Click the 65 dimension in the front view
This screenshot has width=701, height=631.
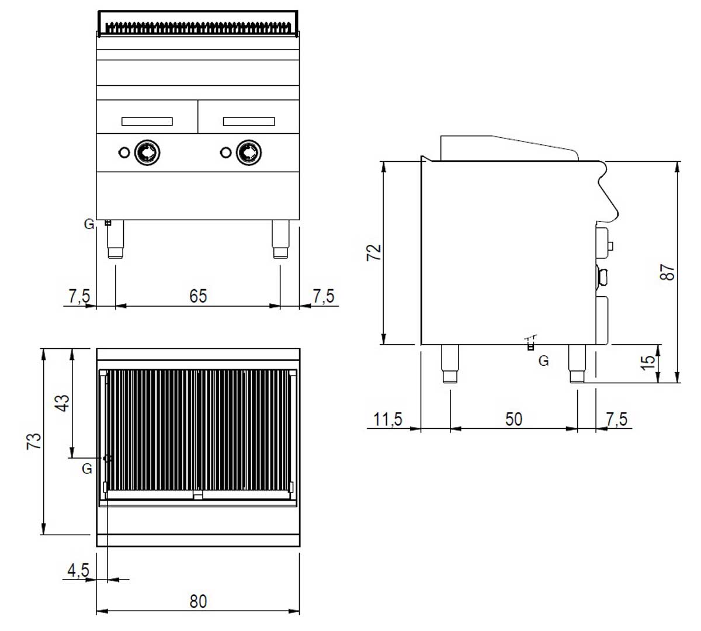pos(198,296)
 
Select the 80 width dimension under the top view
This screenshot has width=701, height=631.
pos(198,601)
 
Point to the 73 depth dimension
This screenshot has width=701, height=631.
pos(35,441)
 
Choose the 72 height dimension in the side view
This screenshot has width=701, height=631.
pos(374,252)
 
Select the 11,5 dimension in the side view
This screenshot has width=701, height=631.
pos(388,419)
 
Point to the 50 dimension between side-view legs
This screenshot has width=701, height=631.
pos(514,419)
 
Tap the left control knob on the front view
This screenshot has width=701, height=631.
pos(145,152)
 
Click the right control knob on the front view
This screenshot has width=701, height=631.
pos(248,152)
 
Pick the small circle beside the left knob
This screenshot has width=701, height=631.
pos(124,152)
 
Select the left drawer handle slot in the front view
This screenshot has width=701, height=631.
pos(147,122)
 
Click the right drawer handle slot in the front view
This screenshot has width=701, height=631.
pos(249,122)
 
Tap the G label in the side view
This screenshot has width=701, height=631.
pos(543,361)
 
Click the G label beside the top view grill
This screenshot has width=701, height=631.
pos(87,469)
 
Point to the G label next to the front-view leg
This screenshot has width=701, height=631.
pos(89,224)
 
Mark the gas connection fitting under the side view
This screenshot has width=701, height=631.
pos(530,345)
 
